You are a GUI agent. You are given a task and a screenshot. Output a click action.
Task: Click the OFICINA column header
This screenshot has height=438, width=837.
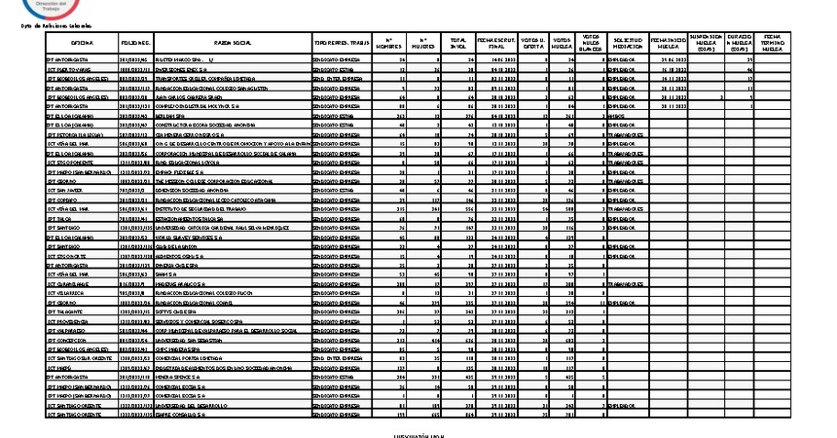pos(82,44)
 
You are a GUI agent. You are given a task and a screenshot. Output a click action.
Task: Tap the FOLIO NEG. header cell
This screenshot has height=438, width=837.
pos(134,44)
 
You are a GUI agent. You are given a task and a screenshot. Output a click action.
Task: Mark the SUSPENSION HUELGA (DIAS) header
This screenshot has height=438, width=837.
pos(708,44)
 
